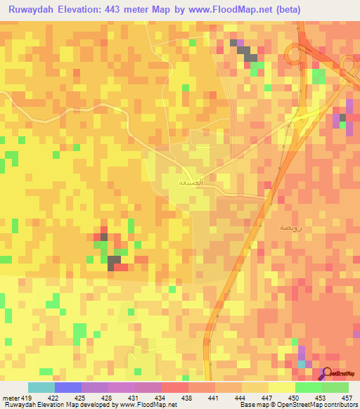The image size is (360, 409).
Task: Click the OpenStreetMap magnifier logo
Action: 328,374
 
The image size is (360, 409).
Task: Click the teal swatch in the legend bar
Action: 41,387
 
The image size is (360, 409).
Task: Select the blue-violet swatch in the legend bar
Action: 67,387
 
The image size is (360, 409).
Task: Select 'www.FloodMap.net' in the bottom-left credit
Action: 147,405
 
